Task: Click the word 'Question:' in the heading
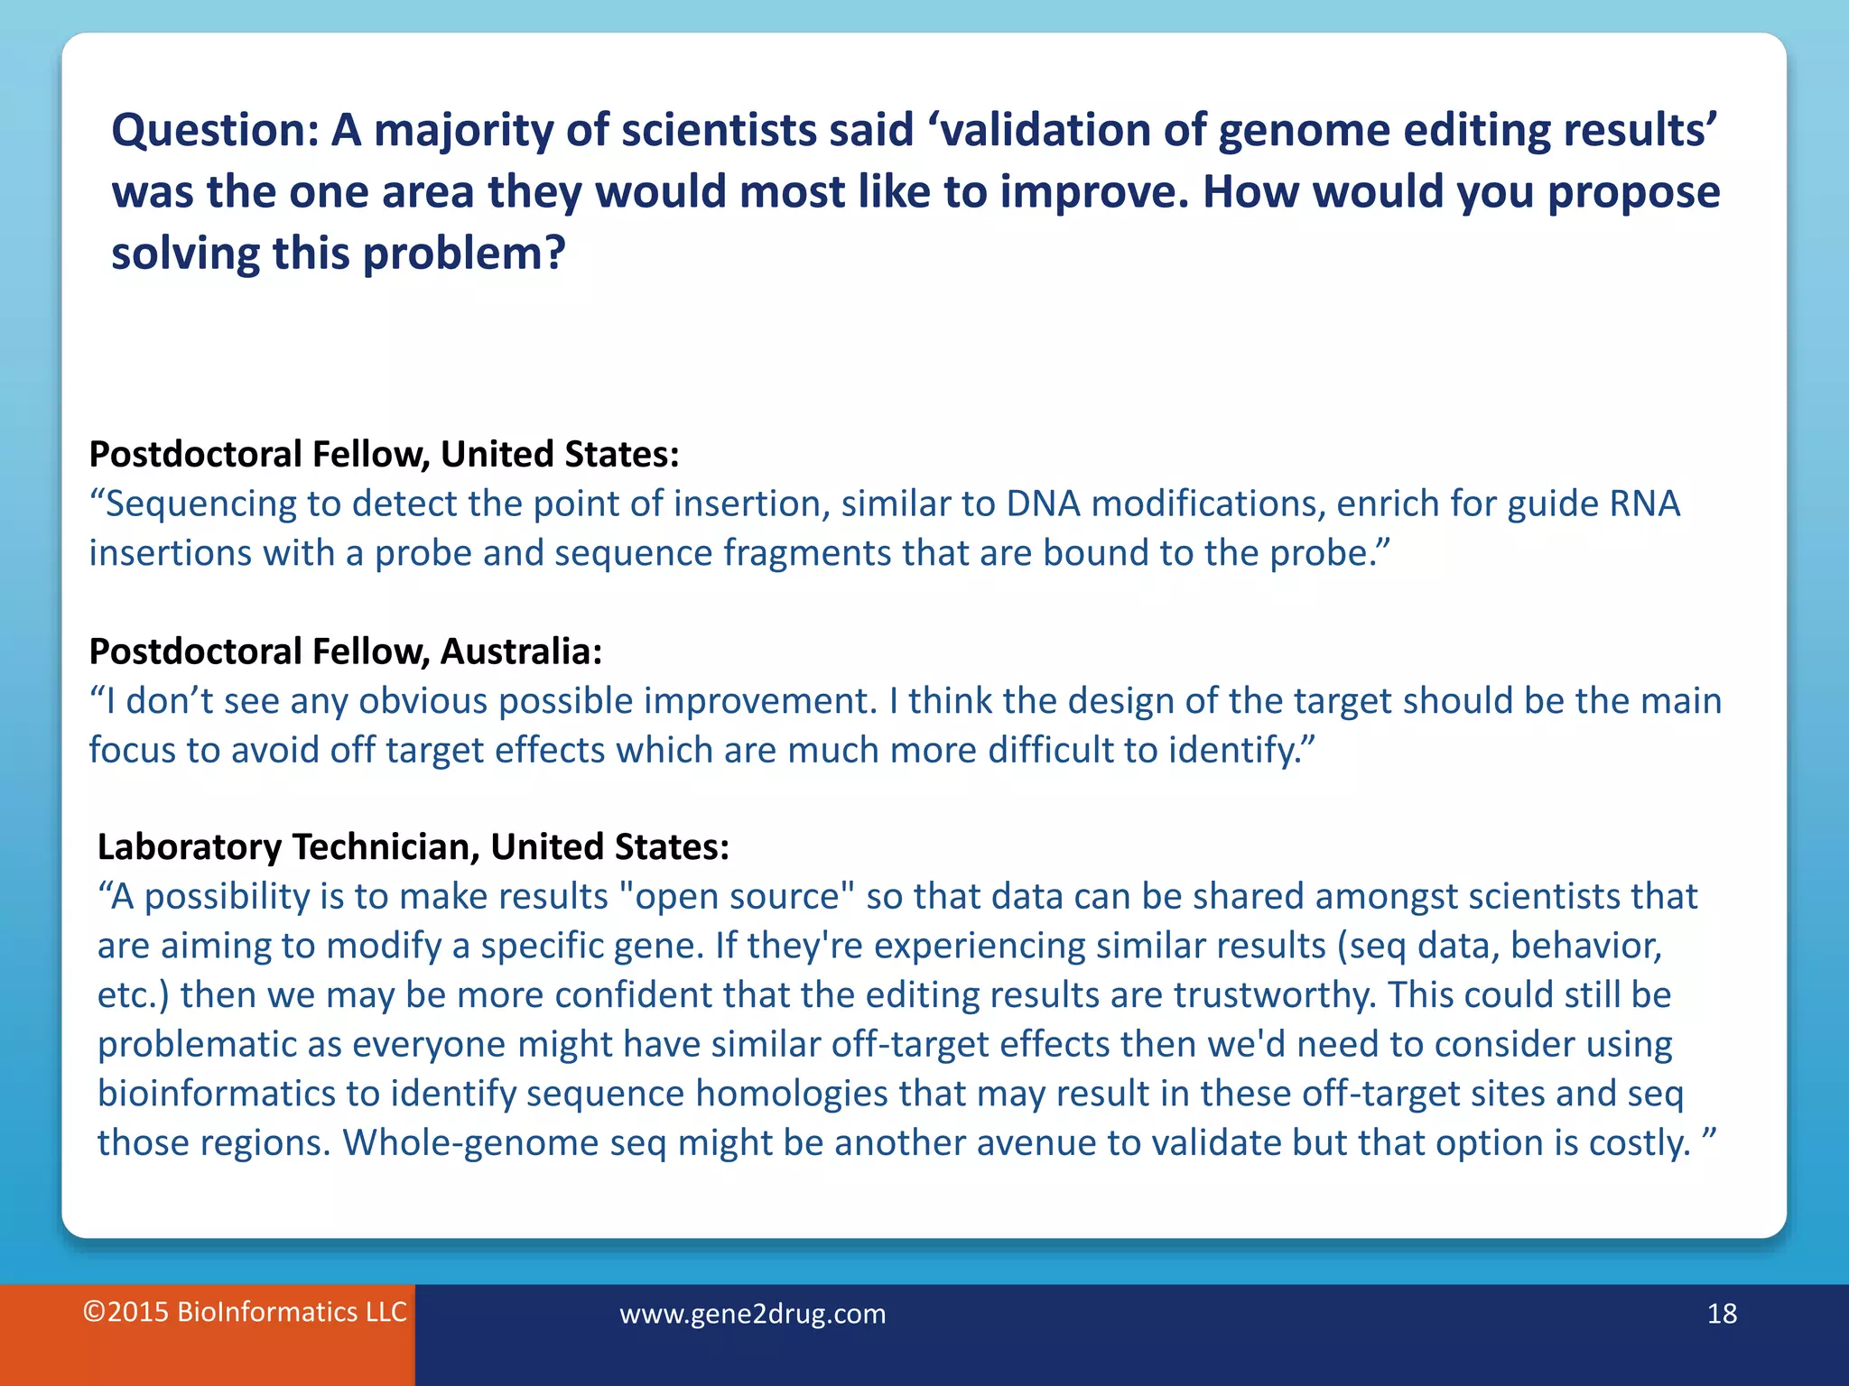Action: coord(215,131)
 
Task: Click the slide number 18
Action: coord(1722,1314)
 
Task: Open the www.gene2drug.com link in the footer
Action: coord(752,1314)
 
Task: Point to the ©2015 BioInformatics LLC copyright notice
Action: coord(245,1312)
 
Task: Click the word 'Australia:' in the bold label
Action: coord(521,651)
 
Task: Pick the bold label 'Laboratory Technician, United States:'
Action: coord(413,846)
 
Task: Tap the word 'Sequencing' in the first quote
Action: coord(200,504)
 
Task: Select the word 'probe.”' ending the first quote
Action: coord(1330,553)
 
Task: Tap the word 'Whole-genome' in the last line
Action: coord(470,1143)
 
